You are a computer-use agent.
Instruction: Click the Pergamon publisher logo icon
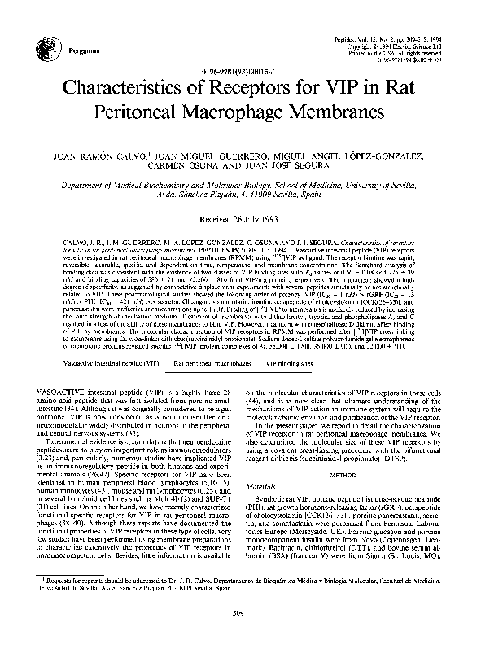(x=56, y=48)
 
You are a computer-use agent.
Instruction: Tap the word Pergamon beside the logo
(x=81, y=50)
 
